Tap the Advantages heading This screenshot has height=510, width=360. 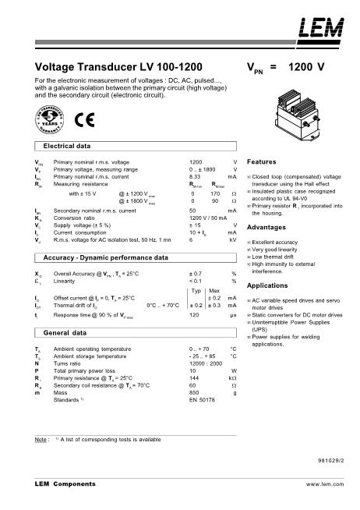265,227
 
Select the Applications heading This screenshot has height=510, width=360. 266,286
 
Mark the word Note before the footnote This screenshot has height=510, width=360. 42,440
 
